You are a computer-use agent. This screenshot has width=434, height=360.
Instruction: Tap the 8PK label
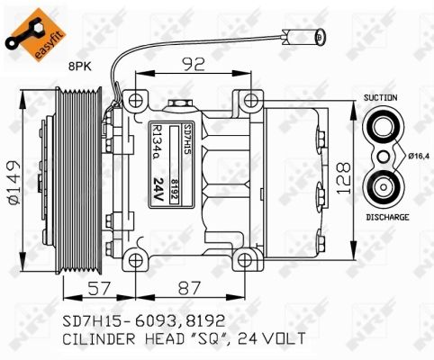pos(80,67)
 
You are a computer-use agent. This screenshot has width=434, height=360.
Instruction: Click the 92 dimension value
pos(194,64)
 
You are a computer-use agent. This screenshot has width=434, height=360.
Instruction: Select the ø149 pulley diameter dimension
pos(14,183)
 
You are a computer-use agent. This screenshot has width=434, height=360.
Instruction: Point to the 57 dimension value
pos(99,288)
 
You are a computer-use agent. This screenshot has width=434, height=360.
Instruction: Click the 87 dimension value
pos(189,288)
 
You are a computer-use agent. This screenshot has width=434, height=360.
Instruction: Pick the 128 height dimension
pos(343,179)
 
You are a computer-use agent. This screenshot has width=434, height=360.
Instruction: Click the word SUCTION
pos(380,97)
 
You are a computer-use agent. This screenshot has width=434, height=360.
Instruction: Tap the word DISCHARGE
pos(387,217)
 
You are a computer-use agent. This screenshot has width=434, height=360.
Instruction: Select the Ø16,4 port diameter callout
pos(419,156)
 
